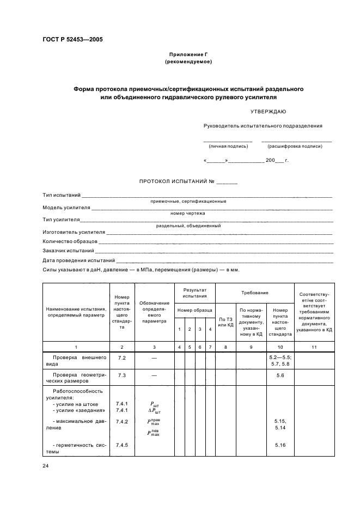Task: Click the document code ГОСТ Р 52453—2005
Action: point(72,40)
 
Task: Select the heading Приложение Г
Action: point(188,55)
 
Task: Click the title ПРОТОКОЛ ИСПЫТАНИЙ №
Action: point(188,181)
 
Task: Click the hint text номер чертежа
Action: point(188,214)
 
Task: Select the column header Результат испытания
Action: point(194,293)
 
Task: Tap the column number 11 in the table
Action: point(314,347)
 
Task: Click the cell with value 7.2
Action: point(122,357)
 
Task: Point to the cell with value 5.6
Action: point(280,376)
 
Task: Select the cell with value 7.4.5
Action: point(122,445)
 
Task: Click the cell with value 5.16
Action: point(280,445)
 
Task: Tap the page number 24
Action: point(46,466)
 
